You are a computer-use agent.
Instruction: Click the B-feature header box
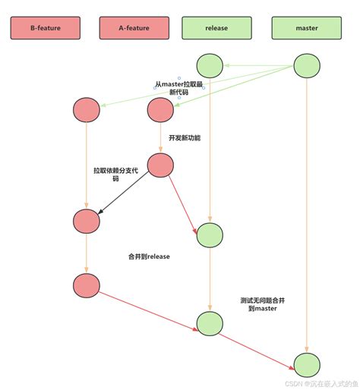[45, 28]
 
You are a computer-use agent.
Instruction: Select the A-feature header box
[134, 28]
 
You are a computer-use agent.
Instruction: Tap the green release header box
[216, 28]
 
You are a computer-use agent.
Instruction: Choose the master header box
[306, 28]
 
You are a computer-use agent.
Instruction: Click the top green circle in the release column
[210, 66]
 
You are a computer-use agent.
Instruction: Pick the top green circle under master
[307, 66]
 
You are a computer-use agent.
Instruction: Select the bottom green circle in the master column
[307, 364]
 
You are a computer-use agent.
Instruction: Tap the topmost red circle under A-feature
[161, 111]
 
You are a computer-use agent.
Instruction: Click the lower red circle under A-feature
[161, 165]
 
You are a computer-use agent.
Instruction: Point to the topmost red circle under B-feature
[87, 111]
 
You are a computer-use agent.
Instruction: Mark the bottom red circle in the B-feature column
[87, 285]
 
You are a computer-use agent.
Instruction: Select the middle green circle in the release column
[210, 236]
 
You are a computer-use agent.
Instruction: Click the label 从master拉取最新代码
[179, 88]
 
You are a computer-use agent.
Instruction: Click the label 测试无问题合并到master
[262, 305]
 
